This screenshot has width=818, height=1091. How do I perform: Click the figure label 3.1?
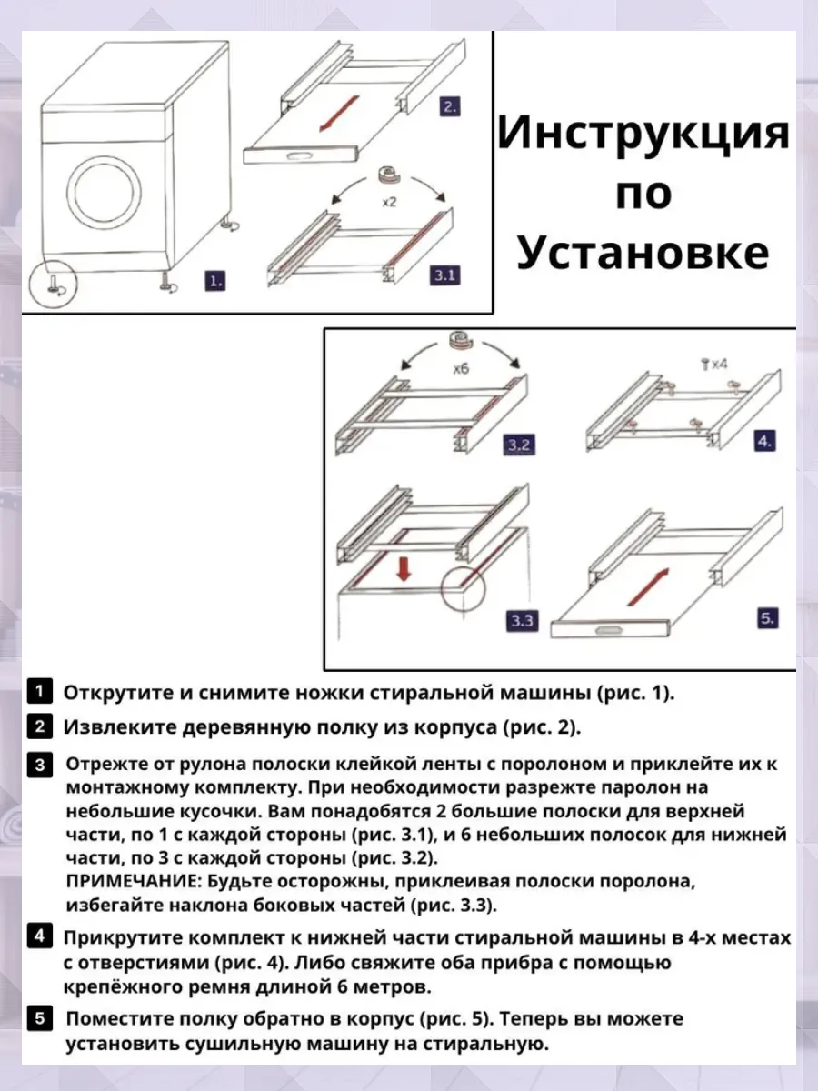point(444,275)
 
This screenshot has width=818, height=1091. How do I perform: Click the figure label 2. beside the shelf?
point(449,106)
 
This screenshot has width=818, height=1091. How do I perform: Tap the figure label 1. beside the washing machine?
point(214,280)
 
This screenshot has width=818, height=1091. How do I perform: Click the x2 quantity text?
point(388,203)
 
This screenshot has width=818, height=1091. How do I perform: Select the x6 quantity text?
point(463,371)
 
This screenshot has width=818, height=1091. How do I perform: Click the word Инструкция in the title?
point(643,135)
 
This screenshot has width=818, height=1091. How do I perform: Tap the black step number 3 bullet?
point(40,764)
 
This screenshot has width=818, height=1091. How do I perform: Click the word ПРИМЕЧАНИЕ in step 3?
point(126,882)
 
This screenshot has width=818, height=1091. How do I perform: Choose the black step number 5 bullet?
point(40,1018)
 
